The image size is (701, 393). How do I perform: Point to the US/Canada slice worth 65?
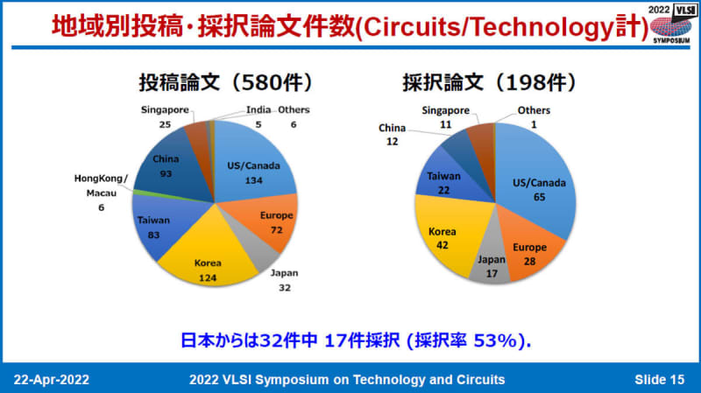pyautogui.click(x=536, y=183)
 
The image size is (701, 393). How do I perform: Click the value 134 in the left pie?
pyautogui.click(x=253, y=180)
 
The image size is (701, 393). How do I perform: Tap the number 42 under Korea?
pyautogui.click(x=443, y=245)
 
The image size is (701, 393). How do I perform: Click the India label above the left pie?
pyautogui.click(x=258, y=110)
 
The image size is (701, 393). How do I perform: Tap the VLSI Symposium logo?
pyautogui.click(x=670, y=24)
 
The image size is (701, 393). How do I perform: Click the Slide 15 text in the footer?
pyautogui.click(x=660, y=380)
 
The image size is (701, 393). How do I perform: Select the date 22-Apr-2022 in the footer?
pyautogui.click(x=52, y=380)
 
